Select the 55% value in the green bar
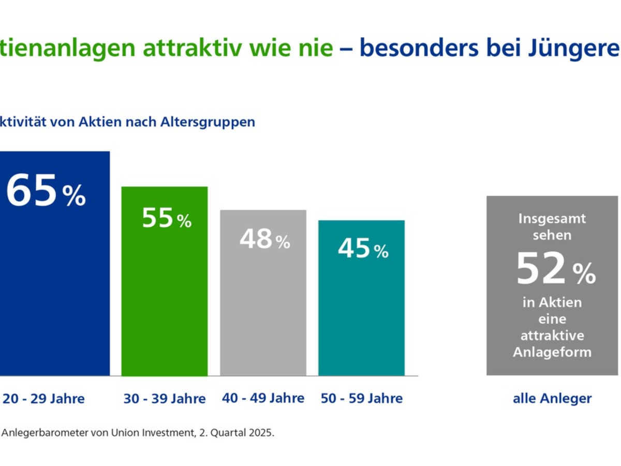[166, 219]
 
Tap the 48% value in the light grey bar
[264, 240]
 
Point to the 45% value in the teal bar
[362, 249]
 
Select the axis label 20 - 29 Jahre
[43, 399]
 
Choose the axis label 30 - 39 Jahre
[165, 399]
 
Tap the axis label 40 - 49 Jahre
[263, 398]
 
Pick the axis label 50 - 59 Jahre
[361, 398]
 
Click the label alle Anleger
[552, 399]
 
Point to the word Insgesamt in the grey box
[552, 219]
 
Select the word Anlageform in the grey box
[552, 352]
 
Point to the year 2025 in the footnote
[260, 432]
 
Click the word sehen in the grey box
[552, 235]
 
